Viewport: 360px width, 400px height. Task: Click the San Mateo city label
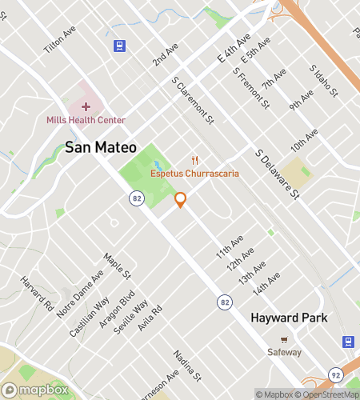click(x=101, y=147)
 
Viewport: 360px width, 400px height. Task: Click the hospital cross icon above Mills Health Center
click(x=86, y=106)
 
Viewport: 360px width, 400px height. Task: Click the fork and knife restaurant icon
click(x=194, y=161)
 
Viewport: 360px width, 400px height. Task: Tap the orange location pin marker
click(x=181, y=200)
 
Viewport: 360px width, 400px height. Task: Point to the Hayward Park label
click(x=290, y=318)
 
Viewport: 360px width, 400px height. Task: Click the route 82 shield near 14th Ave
click(x=226, y=301)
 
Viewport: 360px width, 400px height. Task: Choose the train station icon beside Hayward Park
click(x=348, y=342)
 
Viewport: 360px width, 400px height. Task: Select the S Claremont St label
click(x=193, y=101)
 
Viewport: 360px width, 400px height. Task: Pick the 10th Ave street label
click(x=305, y=144)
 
